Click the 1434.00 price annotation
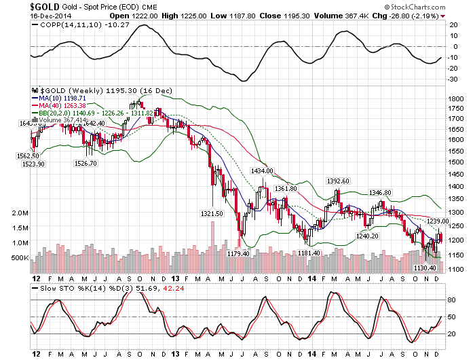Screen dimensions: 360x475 [x=262, y=171]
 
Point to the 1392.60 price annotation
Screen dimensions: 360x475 [x=338, y=181]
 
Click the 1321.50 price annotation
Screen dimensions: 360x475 [x=212, y=213]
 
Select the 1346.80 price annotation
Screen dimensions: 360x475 [x=381, y=193]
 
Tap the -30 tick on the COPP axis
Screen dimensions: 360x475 [x=451, y=79]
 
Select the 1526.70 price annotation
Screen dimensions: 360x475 [x=86, y=163]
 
